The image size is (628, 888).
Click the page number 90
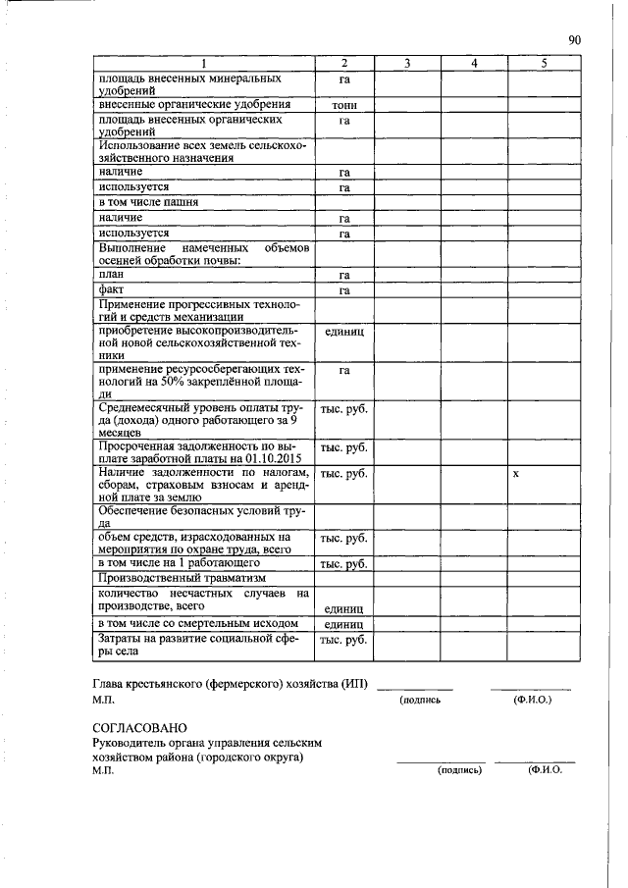pos(575,40)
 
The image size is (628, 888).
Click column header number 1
pos(204,64)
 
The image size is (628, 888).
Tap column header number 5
pos(544,64)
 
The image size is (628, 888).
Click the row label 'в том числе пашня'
pos(149,202)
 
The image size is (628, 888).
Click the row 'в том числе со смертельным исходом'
pos(197,623)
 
